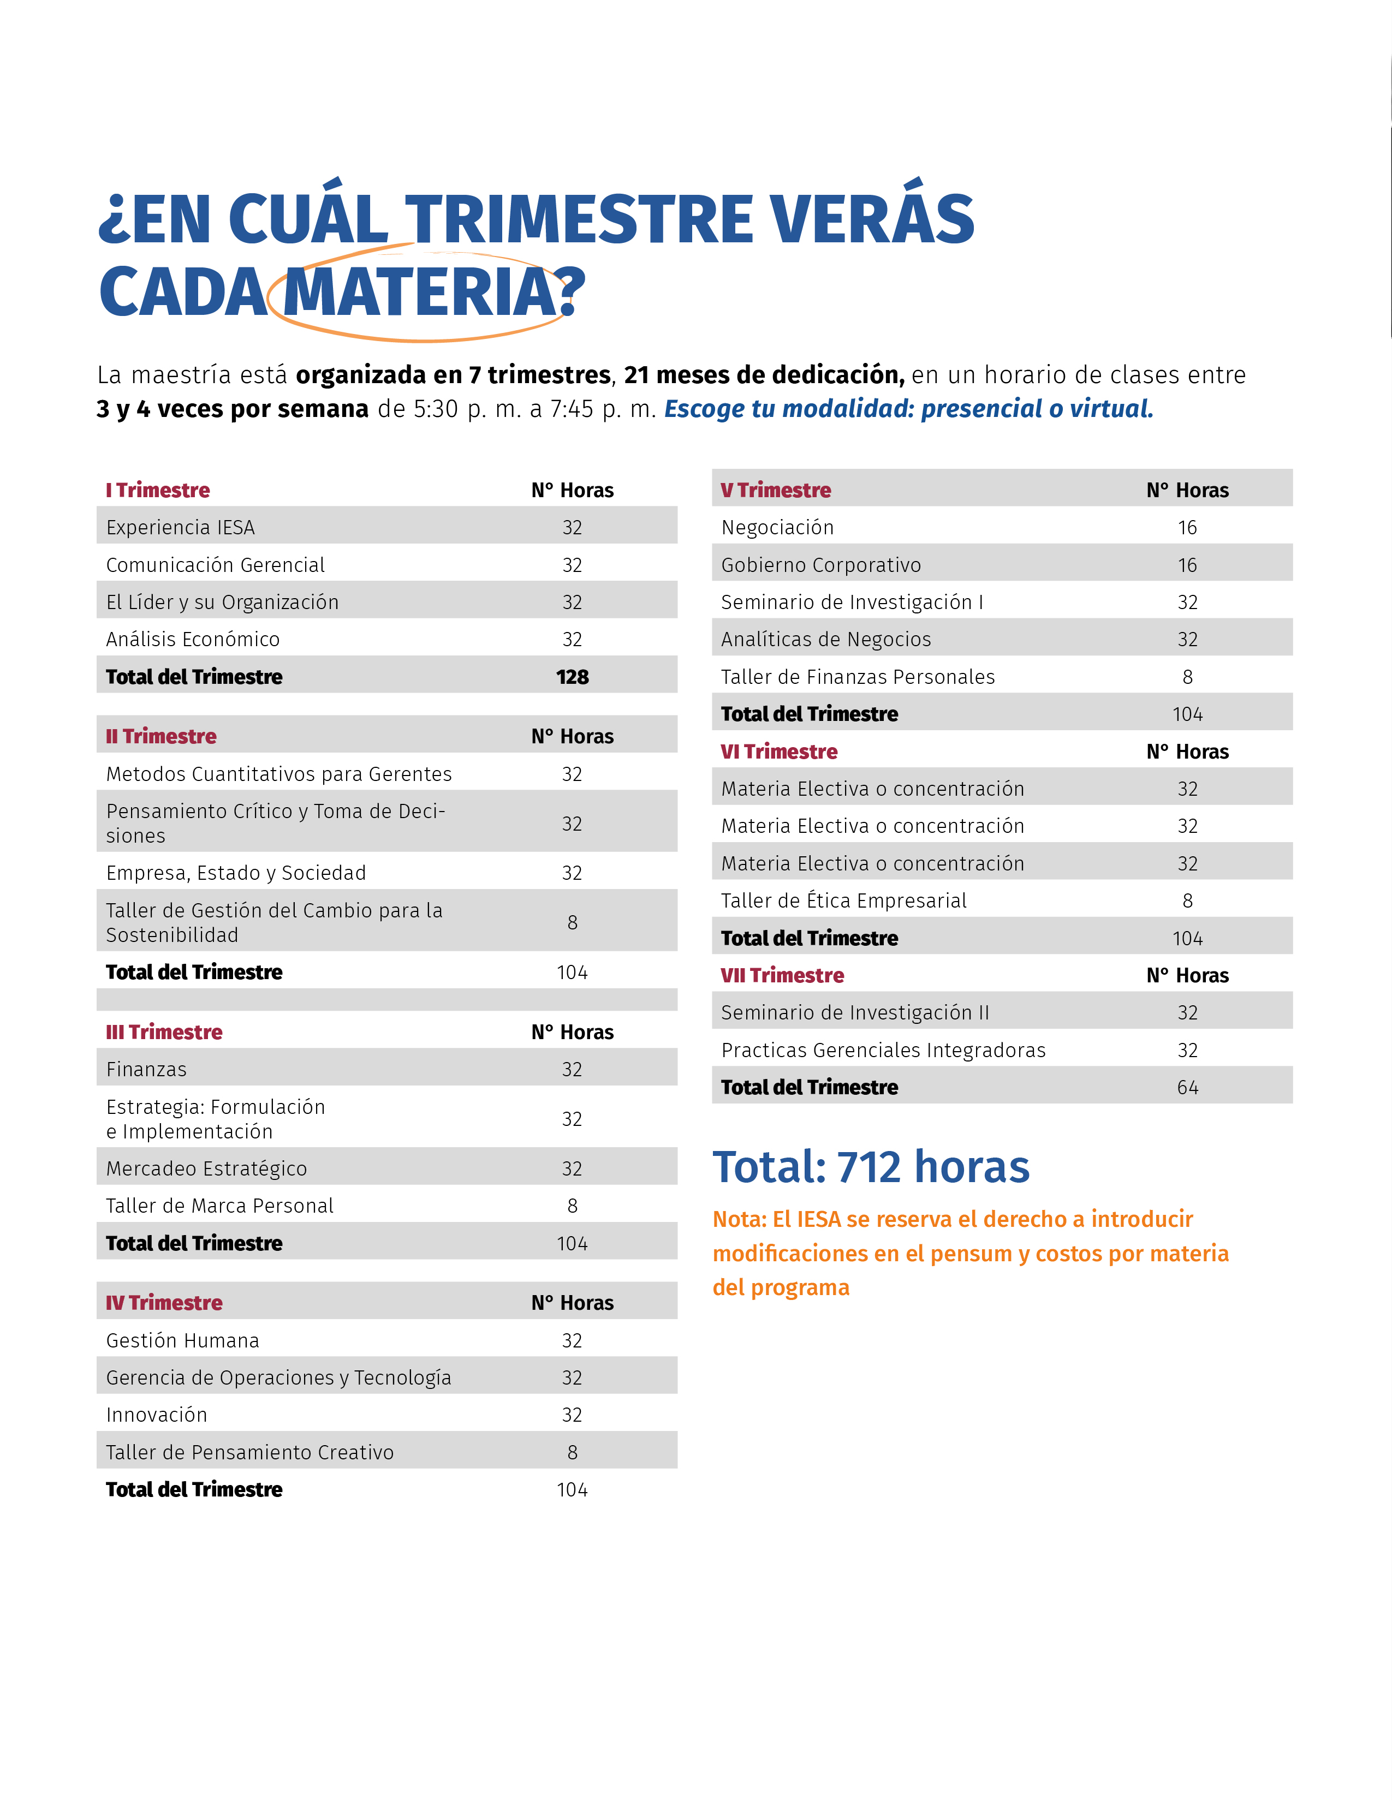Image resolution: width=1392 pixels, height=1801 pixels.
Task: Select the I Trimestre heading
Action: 158,490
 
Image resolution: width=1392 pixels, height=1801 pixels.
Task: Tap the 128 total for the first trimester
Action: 572,677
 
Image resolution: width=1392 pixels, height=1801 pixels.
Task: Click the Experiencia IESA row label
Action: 181,527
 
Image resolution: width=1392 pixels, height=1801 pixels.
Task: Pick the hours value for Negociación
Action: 1187,527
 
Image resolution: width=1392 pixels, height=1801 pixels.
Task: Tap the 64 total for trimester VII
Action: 1187,1088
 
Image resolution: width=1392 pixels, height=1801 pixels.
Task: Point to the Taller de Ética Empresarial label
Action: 843,900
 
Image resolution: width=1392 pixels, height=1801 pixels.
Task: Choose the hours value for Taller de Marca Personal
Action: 572,1206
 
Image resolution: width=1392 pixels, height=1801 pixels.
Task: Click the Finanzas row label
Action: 147,1070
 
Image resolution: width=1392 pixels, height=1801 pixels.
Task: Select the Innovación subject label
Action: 157,1415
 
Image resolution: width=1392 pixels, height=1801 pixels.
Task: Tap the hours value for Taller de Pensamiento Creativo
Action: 572,1452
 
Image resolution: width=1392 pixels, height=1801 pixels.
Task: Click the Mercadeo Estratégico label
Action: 206,1168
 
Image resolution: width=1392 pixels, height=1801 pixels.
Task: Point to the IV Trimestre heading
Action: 164,1303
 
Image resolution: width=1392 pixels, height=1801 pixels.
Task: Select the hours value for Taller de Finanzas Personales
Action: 1187,677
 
